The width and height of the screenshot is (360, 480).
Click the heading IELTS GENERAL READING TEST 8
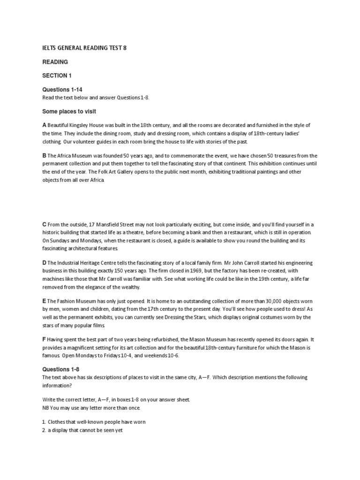tap(84, 48)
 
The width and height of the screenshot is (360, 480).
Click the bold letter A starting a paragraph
tap(44, 125)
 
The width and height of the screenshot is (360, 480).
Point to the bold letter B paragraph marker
tap(44, 156)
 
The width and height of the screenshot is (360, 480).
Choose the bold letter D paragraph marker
tap(44, 263)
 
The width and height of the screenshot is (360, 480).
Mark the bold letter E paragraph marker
tap(44, 301)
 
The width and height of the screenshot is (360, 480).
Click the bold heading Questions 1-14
tap(62, 90)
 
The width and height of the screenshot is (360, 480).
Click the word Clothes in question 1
tap(58, 422)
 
